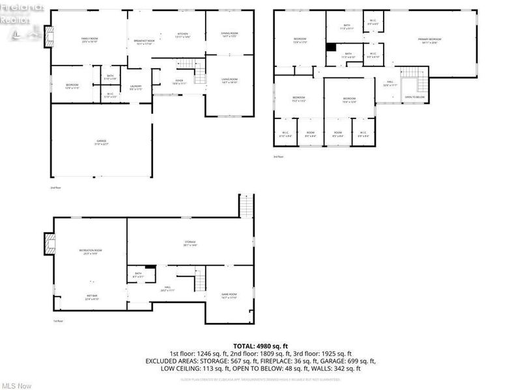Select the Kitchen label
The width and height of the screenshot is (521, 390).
tap(183, 34)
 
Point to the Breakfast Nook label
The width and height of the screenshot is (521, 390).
tap(144, 42)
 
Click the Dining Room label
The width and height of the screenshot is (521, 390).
tap(229, 34)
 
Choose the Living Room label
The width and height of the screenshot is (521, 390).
tap(229, 81)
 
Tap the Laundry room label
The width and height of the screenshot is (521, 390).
tap(135, 87)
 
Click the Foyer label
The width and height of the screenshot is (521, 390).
tap(178, 81)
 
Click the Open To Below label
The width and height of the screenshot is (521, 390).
tap(415, 97)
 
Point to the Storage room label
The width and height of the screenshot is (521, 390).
tap(190, 244)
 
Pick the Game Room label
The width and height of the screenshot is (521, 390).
tap(229, 295)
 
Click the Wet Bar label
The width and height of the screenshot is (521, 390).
tap(91, 298)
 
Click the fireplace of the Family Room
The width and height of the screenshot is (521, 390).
tap(47, 34)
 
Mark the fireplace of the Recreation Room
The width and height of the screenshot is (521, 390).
tap(49, 242)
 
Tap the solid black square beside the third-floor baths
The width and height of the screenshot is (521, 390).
tap(330, 47)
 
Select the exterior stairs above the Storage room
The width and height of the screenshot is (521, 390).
tap(246, 205)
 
